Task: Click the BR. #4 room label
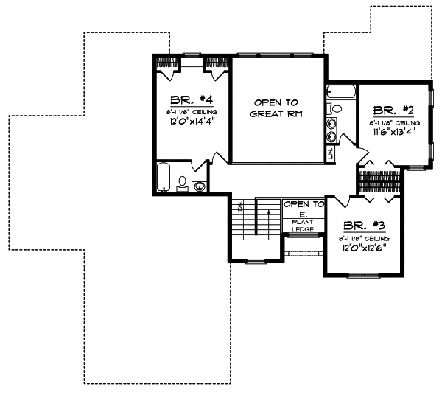pos(182,100)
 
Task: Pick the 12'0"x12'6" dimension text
pos(364,250)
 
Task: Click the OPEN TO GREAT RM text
pos(277,108)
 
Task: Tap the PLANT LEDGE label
pos(304,226)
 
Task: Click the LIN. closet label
pos(330,153)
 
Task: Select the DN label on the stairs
pos(240,207)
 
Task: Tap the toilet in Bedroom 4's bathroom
pos(182,183)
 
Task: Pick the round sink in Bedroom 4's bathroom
pos(197,185)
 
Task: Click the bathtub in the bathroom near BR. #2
pos(341,94)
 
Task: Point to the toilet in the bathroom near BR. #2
pos(336,108)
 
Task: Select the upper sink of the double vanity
pos(332,123)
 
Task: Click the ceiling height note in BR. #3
pos(364,240)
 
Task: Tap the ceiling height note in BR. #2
pos(394,122)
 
